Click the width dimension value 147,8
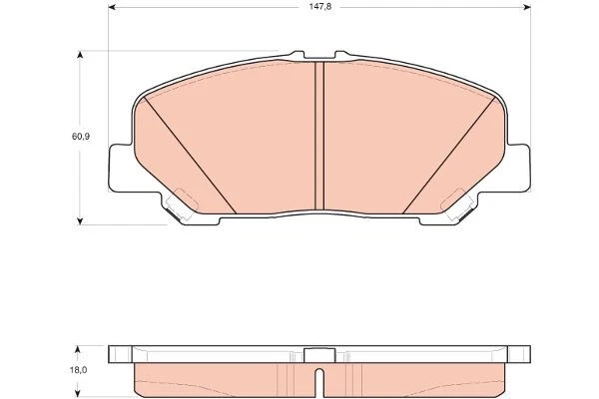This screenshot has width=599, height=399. (315, 6)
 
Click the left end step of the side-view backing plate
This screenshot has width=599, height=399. (120, 351)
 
